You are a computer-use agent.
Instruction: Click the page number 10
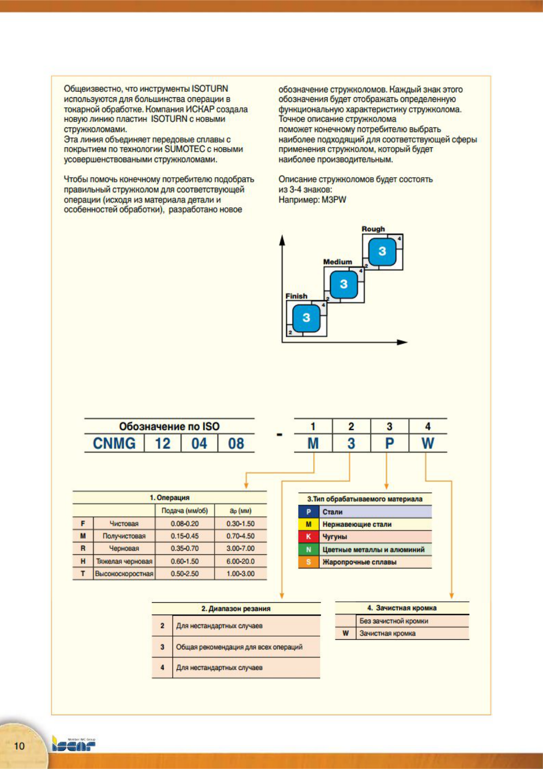(19, 746)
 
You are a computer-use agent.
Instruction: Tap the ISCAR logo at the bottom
(73, 745)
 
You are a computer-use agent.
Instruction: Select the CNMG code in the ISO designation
(114, 443)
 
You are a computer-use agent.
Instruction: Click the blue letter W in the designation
(428, 443)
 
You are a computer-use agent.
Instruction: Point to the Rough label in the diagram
(373, 229)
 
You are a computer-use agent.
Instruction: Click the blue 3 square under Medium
(344, 284)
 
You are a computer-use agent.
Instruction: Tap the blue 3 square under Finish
(306, 318)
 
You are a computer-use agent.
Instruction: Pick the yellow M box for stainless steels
(308, 524)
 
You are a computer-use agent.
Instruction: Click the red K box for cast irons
(308, 537)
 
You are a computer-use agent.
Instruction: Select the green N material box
(308, 549)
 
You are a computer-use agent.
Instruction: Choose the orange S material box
(308, 562)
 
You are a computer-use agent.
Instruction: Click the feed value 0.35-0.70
(185, 548)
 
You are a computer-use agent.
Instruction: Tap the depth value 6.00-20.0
(240, 561)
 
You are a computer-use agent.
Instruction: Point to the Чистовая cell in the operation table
(124, 524)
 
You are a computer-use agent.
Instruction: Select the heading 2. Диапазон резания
(236, 609)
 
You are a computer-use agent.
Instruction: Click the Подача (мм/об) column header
(185, 511)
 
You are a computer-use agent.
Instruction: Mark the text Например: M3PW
(313, 200)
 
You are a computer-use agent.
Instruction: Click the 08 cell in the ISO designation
(236, 443)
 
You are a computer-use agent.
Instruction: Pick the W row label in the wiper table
(345, 633)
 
